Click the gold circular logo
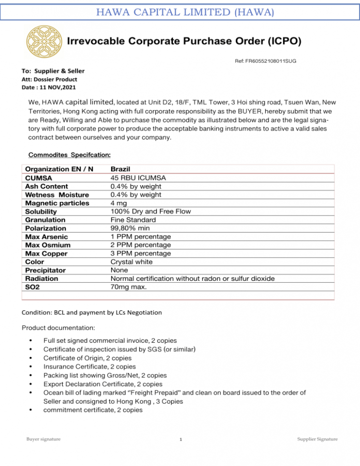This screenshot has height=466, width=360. pos(44,42)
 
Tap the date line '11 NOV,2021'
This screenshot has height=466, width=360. pos(49,87)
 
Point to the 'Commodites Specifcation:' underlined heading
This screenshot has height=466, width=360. pos(70,155)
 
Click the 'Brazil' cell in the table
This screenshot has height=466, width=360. pos(120,169)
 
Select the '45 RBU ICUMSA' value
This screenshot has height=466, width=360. pos(138,178)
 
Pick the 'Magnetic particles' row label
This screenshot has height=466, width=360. pos(57,203)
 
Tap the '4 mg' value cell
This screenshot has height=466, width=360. pos(119,203)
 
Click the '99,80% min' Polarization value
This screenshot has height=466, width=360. pos(130,228)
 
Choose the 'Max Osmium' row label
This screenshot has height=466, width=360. pos(46,245)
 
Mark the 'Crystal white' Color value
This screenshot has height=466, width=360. pos(131,262)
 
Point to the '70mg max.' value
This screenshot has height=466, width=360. pos(129,287)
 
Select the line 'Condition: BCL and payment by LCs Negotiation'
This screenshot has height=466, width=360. pos(92,312)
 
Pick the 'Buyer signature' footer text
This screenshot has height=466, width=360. pos(43,439)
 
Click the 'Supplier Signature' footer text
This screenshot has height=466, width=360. pos(317,439)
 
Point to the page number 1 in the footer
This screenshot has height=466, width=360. pos(180,439)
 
